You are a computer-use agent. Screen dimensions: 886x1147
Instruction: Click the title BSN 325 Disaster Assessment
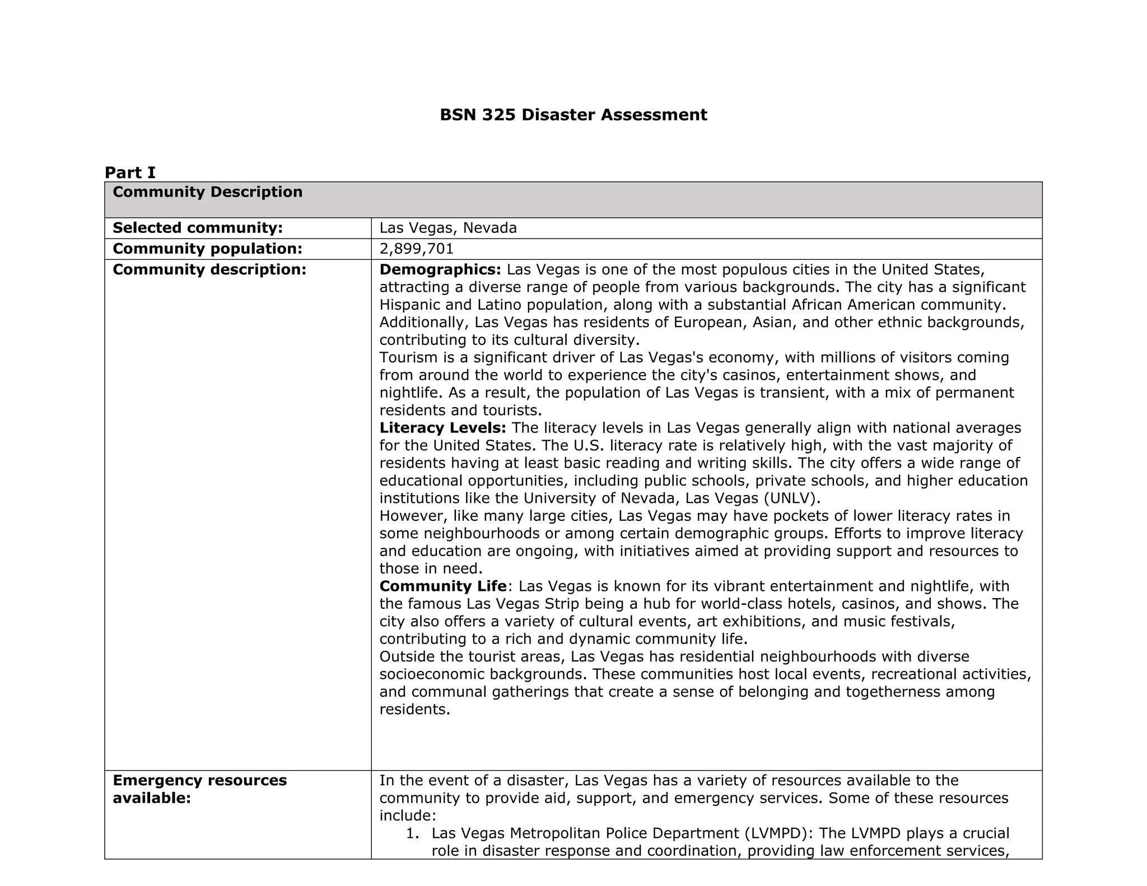point(573,115)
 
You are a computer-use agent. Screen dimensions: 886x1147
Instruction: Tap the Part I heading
point(130,172)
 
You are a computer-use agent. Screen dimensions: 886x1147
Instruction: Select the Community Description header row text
point(207,192)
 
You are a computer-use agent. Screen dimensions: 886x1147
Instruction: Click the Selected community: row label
point(197,228)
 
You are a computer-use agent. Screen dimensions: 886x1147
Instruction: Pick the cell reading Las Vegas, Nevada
point(448,228)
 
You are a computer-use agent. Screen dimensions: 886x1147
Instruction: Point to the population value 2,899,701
point(417,249)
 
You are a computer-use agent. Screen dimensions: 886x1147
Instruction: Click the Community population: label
point(207,249)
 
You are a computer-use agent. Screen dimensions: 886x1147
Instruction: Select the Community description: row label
point(209,269)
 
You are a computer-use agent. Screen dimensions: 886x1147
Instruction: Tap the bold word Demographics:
point(440,269)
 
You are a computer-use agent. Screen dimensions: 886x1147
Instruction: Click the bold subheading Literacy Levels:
point(442,428)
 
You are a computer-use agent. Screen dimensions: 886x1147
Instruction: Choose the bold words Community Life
point(443,586)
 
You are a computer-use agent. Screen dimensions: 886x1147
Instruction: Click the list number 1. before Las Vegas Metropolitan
point(413,833)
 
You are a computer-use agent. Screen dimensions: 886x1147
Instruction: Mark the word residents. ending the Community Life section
point(414,710)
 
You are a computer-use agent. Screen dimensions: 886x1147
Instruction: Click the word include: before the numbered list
point(407,815)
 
